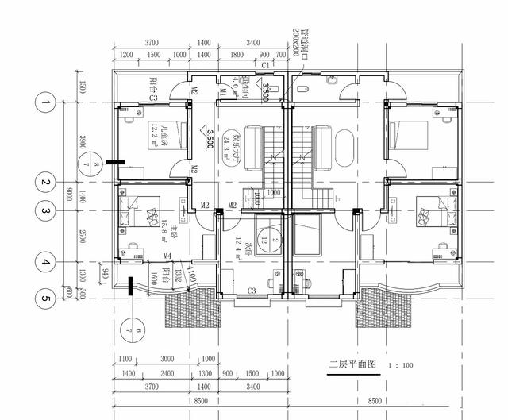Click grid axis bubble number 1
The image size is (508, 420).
(x=45, y=103)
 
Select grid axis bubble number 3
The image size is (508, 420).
(x=45, y=211)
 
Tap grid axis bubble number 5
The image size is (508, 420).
(x=45, y=299)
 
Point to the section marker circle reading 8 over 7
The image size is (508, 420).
(x=95, y=168)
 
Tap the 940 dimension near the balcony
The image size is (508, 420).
(x=106, y=276)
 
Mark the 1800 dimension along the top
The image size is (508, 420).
(x=237, y=54)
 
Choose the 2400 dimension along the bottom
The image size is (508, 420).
(x=167, y=373)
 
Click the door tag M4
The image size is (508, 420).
(x=167, y=256)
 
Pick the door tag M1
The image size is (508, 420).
(x=225, y=92)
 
